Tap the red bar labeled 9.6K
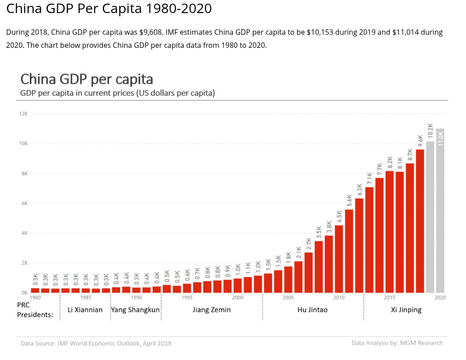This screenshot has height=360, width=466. [420, 221]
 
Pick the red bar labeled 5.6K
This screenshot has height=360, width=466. [349, 251]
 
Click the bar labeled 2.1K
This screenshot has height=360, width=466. [298, 277]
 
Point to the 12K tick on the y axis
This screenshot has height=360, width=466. [23, 114]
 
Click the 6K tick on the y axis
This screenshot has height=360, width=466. [23, 203]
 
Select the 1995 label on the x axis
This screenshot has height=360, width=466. [187, 298]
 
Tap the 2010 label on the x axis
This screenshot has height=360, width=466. [339, 298]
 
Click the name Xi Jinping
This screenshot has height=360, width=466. [406, 310]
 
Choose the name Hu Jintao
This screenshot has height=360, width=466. [312, 310]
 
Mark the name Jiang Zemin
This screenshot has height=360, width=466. [211, 310]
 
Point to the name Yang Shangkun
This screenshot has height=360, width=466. [135, 310]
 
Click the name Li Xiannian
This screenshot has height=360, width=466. [85, 310]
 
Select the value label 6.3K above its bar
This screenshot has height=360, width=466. [359, 189]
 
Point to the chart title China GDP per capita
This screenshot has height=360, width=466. [87, 79]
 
